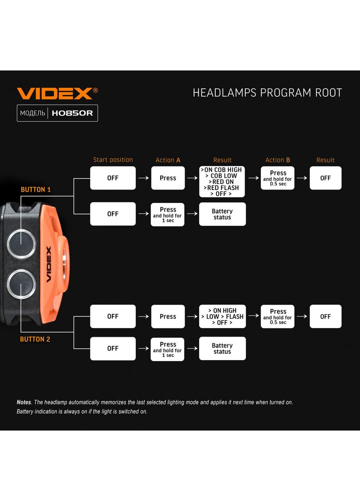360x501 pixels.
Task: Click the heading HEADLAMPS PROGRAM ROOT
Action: point(267,93)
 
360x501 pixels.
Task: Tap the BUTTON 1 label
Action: point(36,189)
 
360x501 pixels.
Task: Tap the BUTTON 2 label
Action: point(35,339)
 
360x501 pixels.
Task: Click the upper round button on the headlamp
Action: point(21,244)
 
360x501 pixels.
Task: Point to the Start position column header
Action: point(113,160)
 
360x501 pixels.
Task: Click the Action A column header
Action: point(168,160)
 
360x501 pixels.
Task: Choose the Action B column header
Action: point(277,160)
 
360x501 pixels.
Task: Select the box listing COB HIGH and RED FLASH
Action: point(222,182)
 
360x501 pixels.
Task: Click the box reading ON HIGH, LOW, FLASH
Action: point(222,316)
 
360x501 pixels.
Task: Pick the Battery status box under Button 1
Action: point(222,214)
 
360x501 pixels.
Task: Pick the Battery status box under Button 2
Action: point(222,348)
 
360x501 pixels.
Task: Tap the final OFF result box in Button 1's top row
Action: point(326,178)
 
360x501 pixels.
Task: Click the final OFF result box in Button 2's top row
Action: point(326,316)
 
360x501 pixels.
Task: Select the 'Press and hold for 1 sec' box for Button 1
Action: point(167,214)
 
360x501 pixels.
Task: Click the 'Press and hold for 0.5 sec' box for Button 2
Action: point(277,316)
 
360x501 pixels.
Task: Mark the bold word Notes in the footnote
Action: point(24,402)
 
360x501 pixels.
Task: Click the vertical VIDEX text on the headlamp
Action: point(49,264)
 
